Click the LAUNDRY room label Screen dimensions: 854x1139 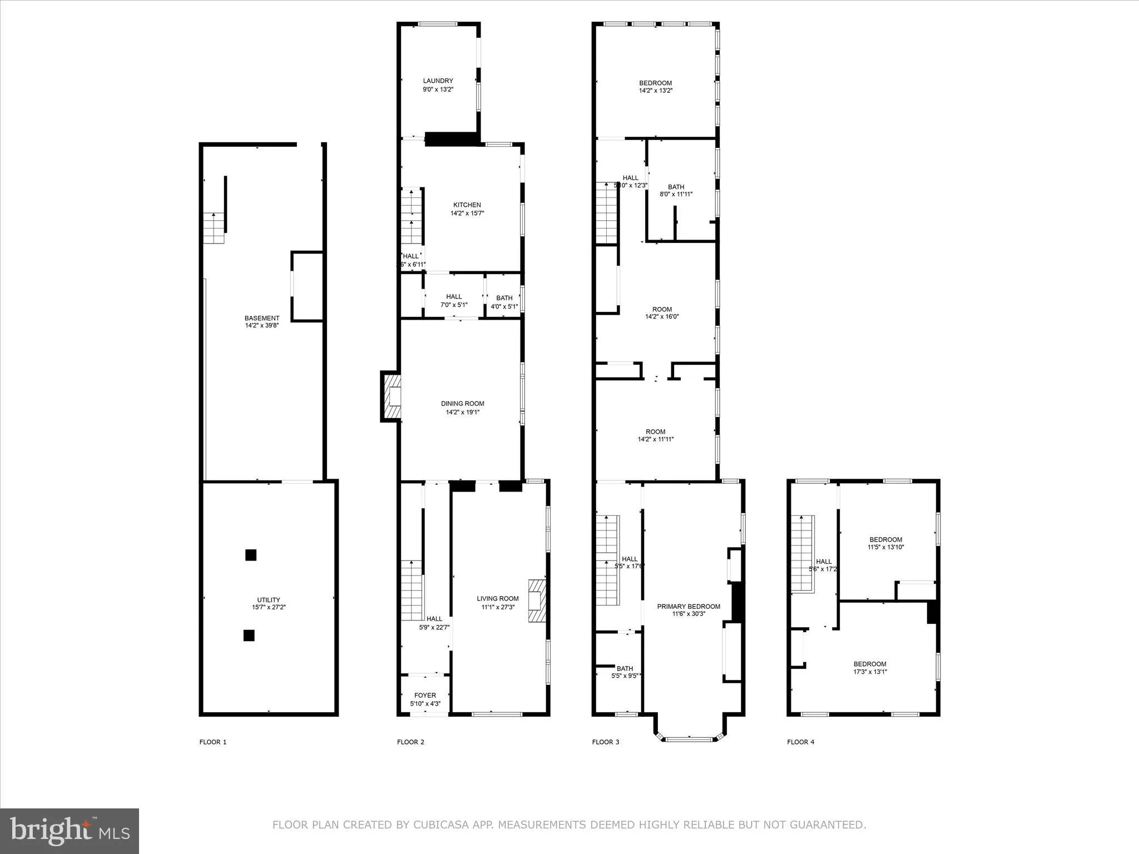pyautogui.click(x=438, y=81)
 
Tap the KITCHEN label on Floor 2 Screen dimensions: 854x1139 pyautogui.click(x=467, y=205)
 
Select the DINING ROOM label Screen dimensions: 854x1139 pyautogui.click(x=462, y=404)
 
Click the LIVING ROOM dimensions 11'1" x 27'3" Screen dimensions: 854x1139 pyautogui.click(x=497, y=607)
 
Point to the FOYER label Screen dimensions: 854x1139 pyautogui.click(x=425, y=696)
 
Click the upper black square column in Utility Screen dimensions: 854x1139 pyautogui.click(x=251, y=555)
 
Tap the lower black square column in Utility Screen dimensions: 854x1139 pyautogui.click(x=249, y=635)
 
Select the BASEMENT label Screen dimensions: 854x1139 pyautogui.click(x=262, y=318)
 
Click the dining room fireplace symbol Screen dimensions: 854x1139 pyautogui.click(x=391, y=396)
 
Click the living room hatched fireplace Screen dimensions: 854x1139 pyautogui.click(x=537, y=601)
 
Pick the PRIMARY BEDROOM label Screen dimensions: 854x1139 pyautogui.click(x=689, y=607)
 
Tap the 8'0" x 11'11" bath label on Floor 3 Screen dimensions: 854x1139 pyautogui.click(x=676, y=191)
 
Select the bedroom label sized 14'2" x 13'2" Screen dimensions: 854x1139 pyautogui.click(x=655, y=87)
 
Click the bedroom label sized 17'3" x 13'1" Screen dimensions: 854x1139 pyautogui.click(x=870, y=668)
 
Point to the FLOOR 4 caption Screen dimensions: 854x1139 pyautogui.click(x=800, y=742)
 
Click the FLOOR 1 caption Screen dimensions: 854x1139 pyautogui.click(x=213, y=742)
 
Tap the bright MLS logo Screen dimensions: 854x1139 pyautogui.click(x=70, y=831)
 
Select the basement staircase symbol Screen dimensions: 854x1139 pyautogui.click(x=214, y=228)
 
